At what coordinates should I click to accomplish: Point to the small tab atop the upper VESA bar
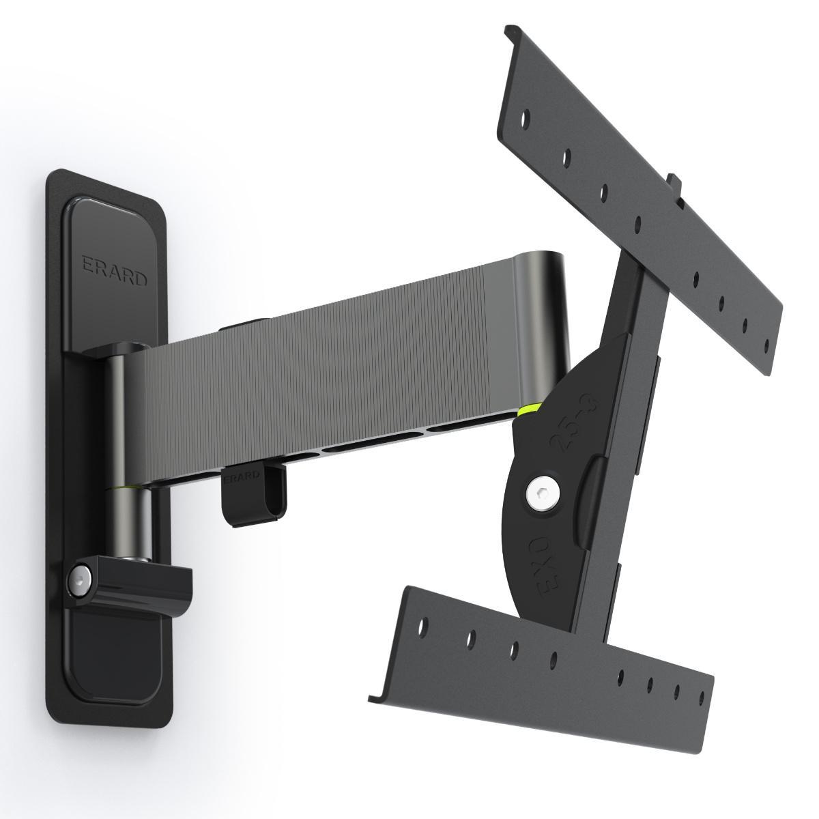(x=674, y=183)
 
